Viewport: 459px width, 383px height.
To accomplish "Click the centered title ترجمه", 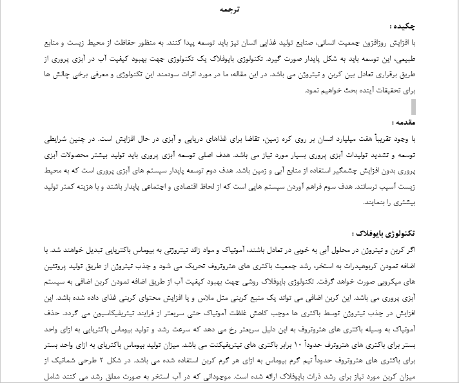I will pos(229,10).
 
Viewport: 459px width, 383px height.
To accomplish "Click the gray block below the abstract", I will pos(413,105).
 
